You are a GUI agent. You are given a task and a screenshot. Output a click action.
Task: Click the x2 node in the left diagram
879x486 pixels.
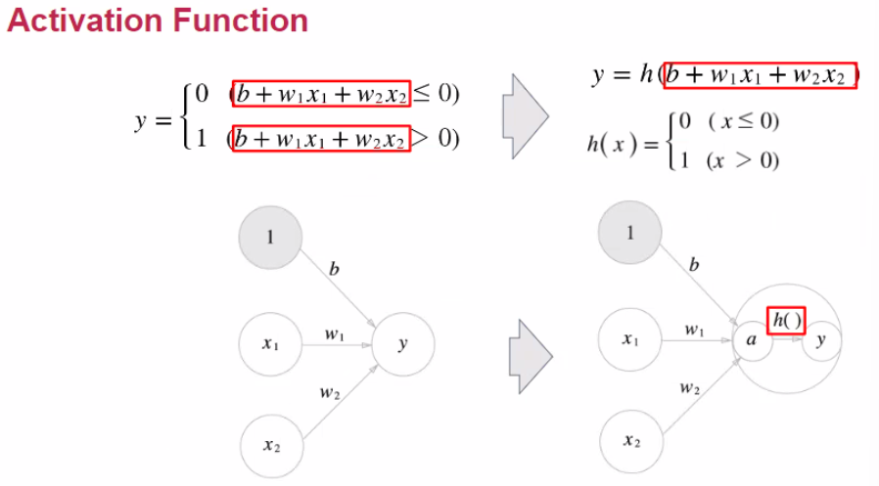click(271, 446)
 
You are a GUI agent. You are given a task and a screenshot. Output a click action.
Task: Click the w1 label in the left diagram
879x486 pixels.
click(335, 334)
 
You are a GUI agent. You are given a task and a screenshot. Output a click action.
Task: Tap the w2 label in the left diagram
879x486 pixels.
click(329, 393)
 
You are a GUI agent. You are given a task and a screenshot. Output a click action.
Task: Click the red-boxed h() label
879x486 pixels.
click(786, 319)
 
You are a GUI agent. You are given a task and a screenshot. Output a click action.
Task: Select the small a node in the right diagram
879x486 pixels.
click(751, 340)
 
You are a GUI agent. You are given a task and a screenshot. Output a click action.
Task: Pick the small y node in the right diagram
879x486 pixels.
click(820, 340)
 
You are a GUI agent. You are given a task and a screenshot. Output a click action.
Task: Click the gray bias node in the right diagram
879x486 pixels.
click(630, 233)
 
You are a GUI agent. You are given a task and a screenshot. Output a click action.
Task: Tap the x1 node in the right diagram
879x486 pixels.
click(630, 340)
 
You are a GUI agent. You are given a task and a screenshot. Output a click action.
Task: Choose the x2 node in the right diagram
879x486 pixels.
click(630, 441)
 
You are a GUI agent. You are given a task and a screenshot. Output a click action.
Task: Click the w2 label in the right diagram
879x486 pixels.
click(690, 388)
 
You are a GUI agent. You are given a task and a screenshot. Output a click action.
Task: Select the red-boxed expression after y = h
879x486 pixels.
click(761, 75)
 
